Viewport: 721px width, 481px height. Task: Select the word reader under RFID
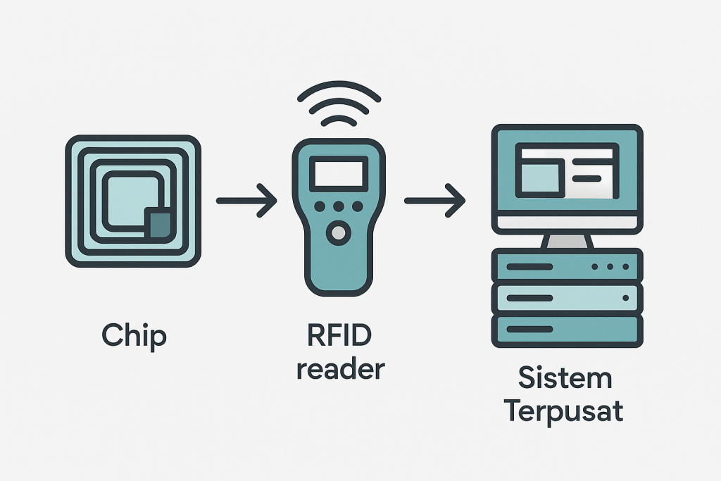click(339, 368)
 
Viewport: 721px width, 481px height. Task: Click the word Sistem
click(565, 377)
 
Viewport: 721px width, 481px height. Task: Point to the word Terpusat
click(565, 411)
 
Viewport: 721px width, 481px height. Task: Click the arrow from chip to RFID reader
click(246, 201)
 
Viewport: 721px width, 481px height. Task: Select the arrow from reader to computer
click(434, 201)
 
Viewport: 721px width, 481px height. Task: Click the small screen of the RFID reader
click(339, 173)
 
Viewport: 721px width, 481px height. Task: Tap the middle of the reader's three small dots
click(339, 206)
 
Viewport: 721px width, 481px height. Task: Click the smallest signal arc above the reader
click(339, 120)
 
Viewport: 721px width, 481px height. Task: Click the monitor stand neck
click(567, 241)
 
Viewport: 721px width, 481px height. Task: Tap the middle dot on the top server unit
click(610, 267)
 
